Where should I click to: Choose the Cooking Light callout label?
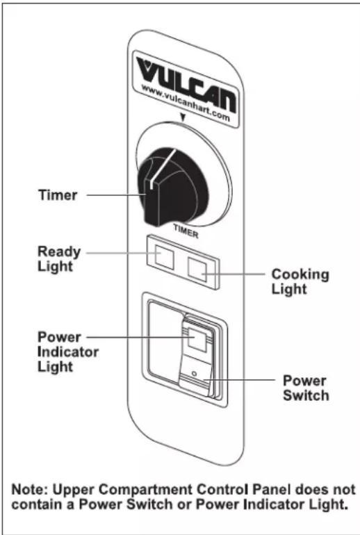pos(300,281)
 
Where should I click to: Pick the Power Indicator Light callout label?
pos(67,352)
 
